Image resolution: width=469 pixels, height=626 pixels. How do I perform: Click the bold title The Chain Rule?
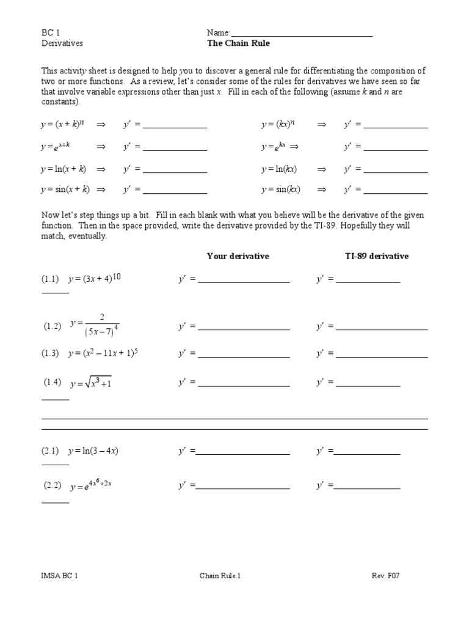pyautogui.click(x=238, y=43)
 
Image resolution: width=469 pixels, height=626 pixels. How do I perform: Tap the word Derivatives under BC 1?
pyautogui.click(x=62, y=43)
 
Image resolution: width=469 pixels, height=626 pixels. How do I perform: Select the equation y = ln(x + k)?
pyautogui.click(x=64, y=169)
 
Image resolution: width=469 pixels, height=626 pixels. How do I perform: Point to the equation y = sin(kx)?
pyautogui.click(x=281, y=190)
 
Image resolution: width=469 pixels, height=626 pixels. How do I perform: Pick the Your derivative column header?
pyautogui.click(x=238, y=256)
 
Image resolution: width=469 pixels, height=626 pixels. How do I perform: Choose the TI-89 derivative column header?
pyautogui.click(x=377, y=256)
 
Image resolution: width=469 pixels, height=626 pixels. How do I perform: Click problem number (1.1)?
pyautogui.click(x=50, y=279)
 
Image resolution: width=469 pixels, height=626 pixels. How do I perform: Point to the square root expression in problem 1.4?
pyautogui.click(x=91, y=383)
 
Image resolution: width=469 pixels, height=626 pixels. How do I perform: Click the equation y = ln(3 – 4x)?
pyautogui.click(x=93, y=451)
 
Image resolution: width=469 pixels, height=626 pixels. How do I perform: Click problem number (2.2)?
pyautogui.click(x=53, y=485)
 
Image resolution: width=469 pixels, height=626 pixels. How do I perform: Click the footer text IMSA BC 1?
pyautogui.click(x=60, y=575)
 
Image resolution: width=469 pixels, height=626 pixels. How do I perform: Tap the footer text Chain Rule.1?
pyautogui.click(x=220, y=575)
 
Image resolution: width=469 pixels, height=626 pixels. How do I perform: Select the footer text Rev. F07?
pyautogui.click(x=386, y=575)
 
